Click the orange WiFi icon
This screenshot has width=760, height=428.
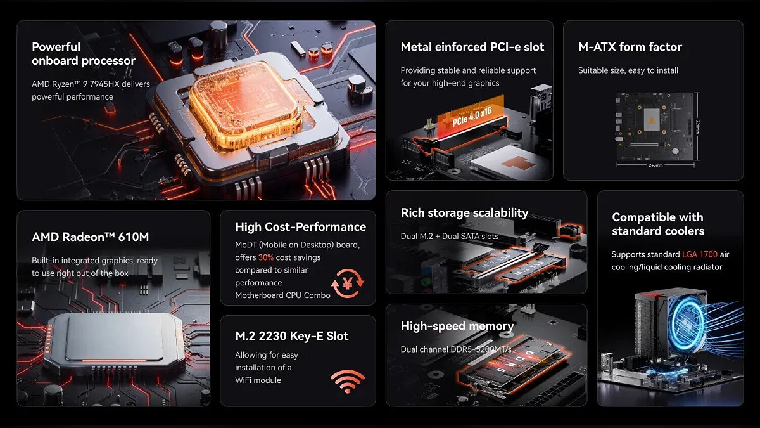click(347, 382)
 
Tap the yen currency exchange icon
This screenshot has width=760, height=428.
click(348, 283)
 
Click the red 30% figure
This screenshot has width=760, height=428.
click(265, 257)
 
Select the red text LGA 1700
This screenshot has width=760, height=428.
click(700, 254)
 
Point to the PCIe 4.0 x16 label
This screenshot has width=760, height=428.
click(472, 117)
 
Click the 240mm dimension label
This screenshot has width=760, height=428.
click(655, 165)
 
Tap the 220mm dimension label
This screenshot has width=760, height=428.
click(697, 126)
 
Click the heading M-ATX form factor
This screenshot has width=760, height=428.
click(630, 47)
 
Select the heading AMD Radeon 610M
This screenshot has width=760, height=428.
click(90, 237)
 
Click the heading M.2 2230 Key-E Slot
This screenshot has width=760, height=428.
click(292, 336)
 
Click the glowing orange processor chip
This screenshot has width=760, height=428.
click(245, 105)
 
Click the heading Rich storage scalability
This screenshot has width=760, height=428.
click(464, 213)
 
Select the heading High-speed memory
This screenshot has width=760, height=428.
click(457, 326)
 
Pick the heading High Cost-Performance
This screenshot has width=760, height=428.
click(301, 227)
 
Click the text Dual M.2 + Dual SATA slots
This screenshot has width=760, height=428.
click(450, 237)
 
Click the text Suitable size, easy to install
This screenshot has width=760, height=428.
click(628, 70)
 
